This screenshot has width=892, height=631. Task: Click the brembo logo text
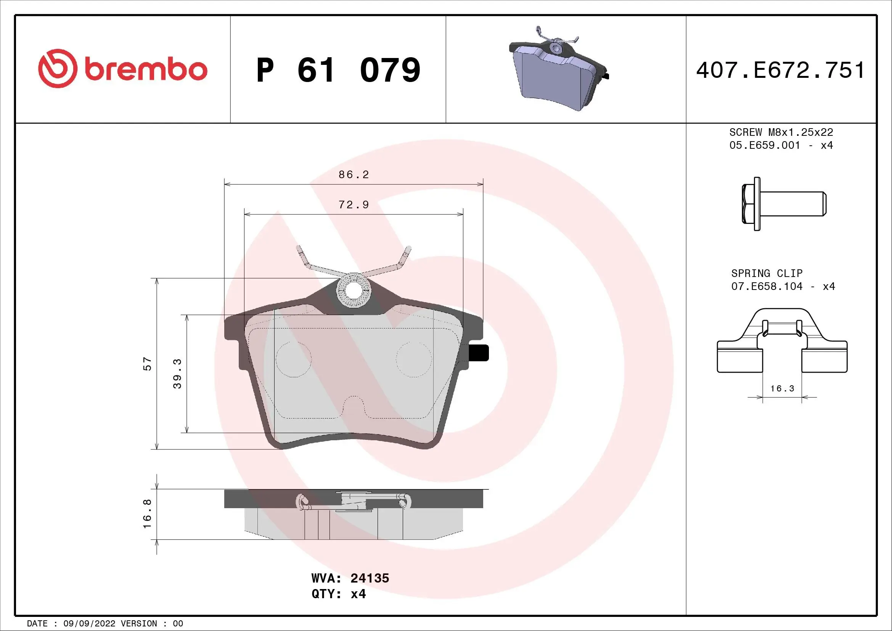point(145,70)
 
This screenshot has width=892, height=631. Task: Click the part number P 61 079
point(338,70)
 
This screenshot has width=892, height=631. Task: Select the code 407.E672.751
point(780,70)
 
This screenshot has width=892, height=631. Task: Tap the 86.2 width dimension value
point(354,174)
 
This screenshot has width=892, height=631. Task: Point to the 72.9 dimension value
point(354,204)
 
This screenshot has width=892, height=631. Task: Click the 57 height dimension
point(147,364)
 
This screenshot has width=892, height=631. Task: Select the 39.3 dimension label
point(177,373)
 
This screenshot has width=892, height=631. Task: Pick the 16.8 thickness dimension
point(147,513)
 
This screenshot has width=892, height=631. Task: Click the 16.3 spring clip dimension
point(782,388)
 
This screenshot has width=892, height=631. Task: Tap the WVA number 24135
point(370,578)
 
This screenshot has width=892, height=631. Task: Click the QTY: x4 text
point(338,594)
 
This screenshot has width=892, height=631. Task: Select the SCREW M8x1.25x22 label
point(781,132)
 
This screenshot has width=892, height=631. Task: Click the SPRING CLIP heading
point(767,273)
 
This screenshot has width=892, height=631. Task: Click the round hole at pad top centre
point(354,290)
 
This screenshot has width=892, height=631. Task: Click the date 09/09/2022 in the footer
point(89,624)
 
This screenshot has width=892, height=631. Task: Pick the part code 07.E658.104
point(767,287)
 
